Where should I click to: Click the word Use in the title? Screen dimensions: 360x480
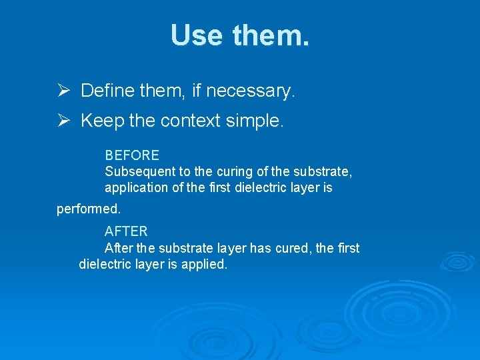(x=197, y=35)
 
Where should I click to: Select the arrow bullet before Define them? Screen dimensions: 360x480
(x=63, y=91)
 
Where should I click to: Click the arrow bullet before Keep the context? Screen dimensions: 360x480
(x=63, y=121)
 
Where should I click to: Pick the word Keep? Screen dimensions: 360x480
(x=100, y=121)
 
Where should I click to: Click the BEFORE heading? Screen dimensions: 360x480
(x=132, y=155)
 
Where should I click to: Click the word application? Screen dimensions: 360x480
(x=136, y=188)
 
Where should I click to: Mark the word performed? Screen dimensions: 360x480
(x=88, y=209)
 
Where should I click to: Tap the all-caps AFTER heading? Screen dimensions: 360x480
(x=126, y=231)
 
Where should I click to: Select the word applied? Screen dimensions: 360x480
(x=207, y=265)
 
